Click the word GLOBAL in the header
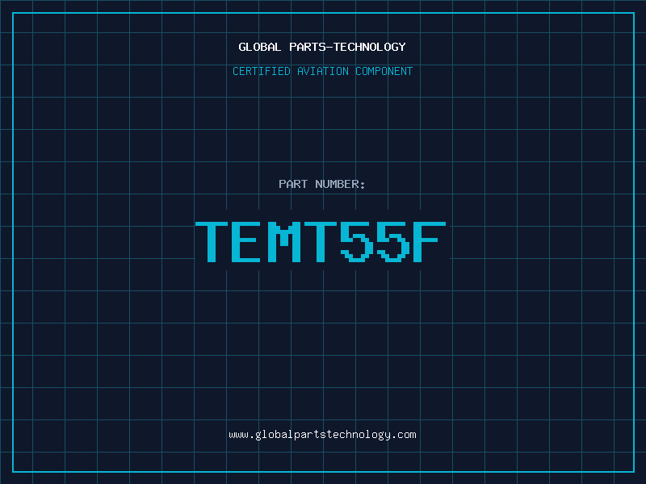tap(259, 47)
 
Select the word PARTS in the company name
tap(308, 47)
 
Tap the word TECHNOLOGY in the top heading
tap(370, 47)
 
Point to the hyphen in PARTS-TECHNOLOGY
tap(329, 48)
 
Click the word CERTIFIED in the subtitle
tap(261, 71)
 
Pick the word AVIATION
tap(322, 71)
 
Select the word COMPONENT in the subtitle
tap(384, 71)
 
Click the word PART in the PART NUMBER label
tap(293, 184)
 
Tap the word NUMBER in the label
tap(337, 184)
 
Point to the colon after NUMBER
tap(363, 186)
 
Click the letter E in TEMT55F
tap(246, 242)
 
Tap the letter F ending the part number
tap(430, 242)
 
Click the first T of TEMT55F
tap(212, 242)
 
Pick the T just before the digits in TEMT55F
tap(321, 242)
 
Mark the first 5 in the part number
tap(357, 242)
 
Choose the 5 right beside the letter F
tap(393, 242)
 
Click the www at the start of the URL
tap(238, 435)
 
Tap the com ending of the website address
tap(407, 435)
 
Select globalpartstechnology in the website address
tap(323, 436)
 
